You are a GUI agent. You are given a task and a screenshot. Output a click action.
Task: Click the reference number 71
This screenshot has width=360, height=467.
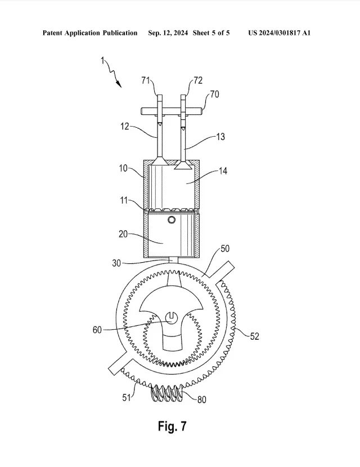point(145,80)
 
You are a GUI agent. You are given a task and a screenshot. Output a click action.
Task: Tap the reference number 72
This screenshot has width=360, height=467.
point(198,80)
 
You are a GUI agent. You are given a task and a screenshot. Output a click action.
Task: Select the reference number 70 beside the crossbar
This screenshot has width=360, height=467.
point(214,94)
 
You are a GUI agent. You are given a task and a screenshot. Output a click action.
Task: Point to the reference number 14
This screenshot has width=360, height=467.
point(223,171)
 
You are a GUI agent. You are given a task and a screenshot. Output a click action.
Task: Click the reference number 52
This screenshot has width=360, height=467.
point(254,336)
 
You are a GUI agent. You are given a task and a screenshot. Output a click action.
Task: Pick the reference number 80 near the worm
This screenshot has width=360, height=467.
point(201,399)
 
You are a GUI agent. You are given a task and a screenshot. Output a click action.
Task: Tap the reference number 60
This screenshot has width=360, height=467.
point(97,330)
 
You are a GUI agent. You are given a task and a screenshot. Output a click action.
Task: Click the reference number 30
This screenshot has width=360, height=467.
point(116,263)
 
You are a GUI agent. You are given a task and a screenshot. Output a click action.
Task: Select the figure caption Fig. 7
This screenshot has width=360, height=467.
point(172,426)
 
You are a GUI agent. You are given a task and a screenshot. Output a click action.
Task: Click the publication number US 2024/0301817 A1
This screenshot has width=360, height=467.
point(280,33)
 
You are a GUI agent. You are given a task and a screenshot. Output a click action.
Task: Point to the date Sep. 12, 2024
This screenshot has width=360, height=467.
point(168,33)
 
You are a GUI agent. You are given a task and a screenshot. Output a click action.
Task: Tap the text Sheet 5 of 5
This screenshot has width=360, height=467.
point(211,33)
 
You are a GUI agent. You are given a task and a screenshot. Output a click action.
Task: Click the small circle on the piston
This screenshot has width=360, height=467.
point(172,220)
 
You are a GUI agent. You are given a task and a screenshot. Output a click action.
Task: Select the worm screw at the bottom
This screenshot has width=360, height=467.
point(166,393)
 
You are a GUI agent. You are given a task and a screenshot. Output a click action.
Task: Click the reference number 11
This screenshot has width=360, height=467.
point(124,200)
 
